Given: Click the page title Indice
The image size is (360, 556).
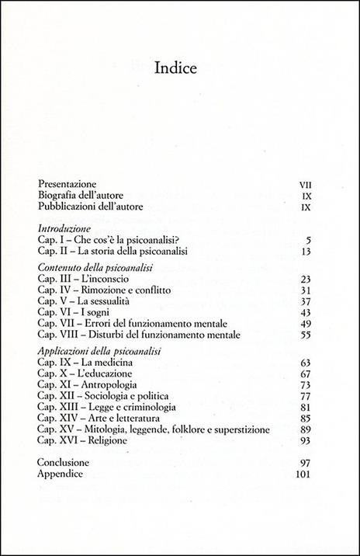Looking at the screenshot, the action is point(179,67).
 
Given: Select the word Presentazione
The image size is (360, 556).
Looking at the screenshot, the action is point(71,184).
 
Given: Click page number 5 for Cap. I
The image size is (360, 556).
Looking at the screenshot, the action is point(308,241).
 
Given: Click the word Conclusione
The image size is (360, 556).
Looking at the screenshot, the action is point(68,462).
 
